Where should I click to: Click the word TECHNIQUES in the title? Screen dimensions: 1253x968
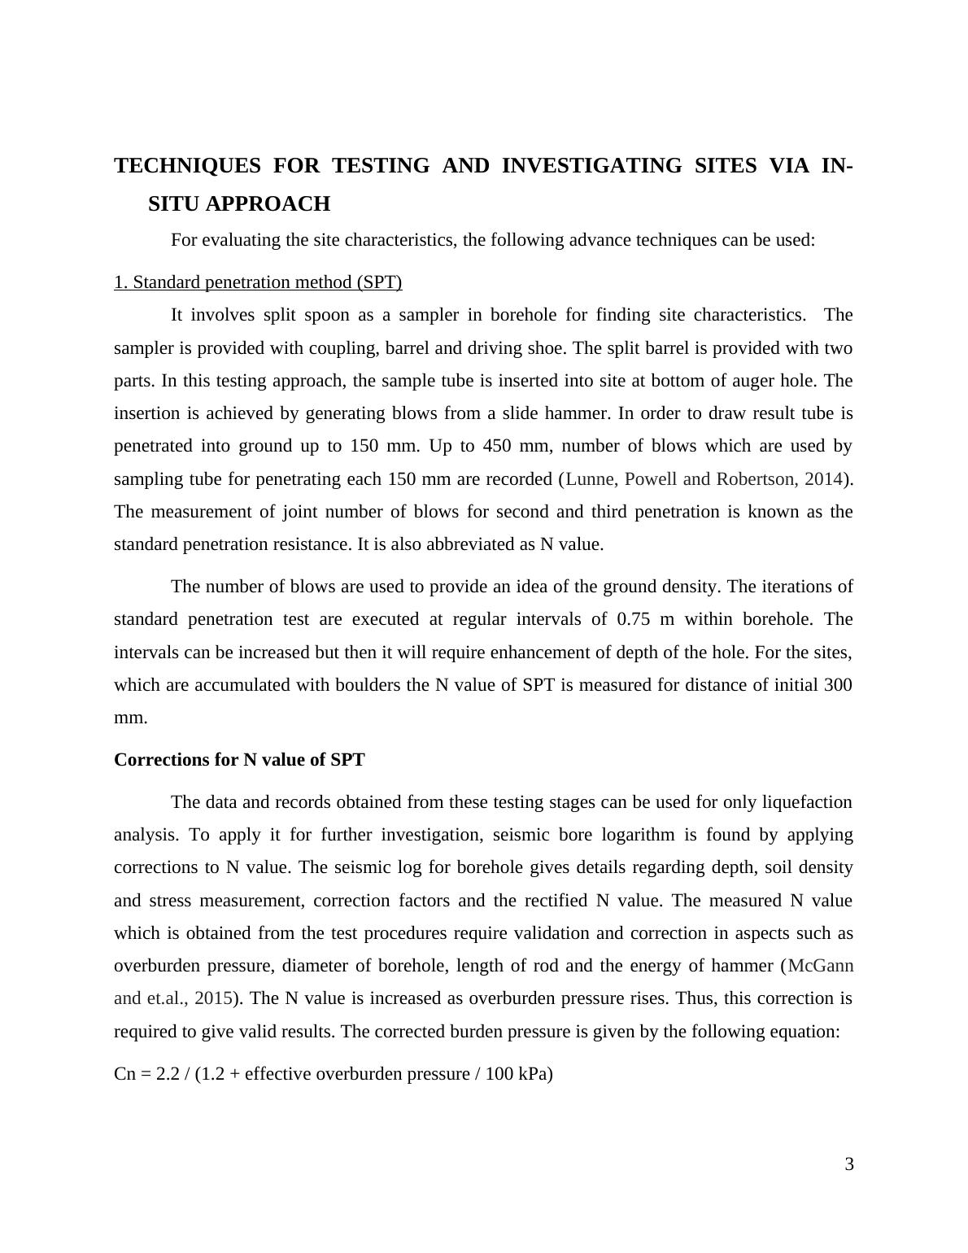pyautogui.click(x=187, y=166)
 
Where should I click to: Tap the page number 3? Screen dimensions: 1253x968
pyautogui.click(x=849, y=1164)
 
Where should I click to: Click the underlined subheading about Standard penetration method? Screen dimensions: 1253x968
pyautogui.click(x=258, y=282)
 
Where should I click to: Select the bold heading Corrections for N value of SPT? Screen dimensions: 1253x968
pyautogui.click(x=239, y=760)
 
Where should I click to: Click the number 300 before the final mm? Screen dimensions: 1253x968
pyautogui.click(x=838, y=685)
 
